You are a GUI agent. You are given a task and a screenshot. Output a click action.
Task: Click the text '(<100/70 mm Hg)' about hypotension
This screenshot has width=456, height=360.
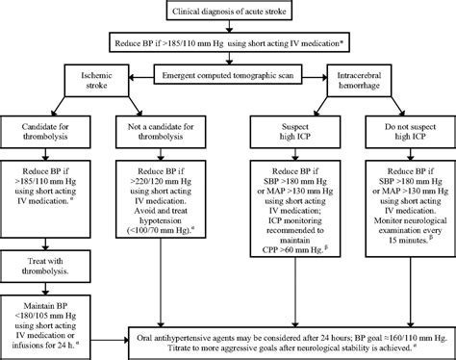(x=154, y=224)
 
